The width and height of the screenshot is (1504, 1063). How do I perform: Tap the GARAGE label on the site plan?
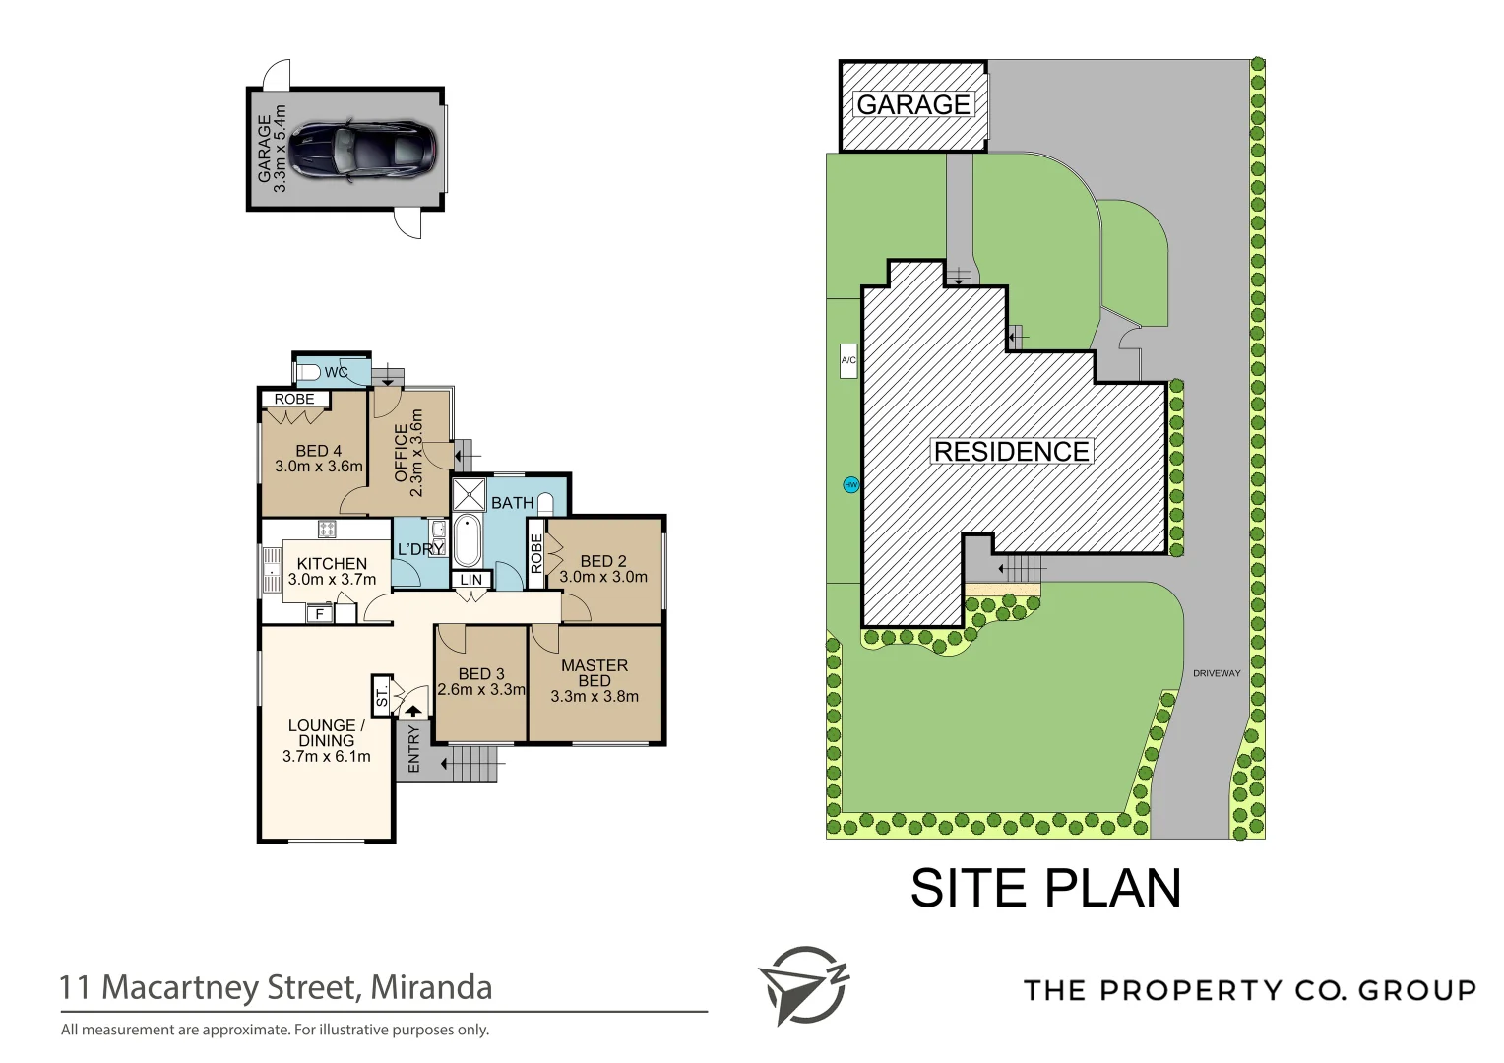click(x=913, y=104)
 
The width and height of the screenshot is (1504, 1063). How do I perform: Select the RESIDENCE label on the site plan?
click(x=1011, y=452)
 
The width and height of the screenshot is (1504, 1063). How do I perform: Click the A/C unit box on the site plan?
click(x=848, y=360)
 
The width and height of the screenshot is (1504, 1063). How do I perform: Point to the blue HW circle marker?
click(x=850, y=485)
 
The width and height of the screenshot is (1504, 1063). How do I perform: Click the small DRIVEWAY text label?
click(x=1217, y=673)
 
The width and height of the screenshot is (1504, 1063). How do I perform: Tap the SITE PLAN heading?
click(x=1045, y=888)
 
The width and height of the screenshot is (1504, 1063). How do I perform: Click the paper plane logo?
click(x=801, y=985)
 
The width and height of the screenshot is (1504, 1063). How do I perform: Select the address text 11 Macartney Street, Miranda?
click(x=276, y=987)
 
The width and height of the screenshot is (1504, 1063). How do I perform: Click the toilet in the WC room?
click(x=308, y=372)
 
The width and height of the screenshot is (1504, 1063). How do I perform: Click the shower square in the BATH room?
click(x=469, y=494)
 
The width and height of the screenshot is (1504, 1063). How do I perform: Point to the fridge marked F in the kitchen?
click(x=319, y=614)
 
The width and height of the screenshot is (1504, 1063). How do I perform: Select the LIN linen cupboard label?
click(x=471, y=580)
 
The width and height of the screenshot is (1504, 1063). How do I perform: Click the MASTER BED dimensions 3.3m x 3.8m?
click(x=594, y=696)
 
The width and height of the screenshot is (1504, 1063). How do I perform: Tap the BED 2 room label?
click(x=602, y=561)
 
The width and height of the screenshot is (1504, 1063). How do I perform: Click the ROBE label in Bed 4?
click(x=294, y=399)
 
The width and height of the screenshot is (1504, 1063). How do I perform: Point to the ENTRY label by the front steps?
click(x=413, y=750)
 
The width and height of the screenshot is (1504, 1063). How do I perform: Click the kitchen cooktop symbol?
click(x=327, y=530)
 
